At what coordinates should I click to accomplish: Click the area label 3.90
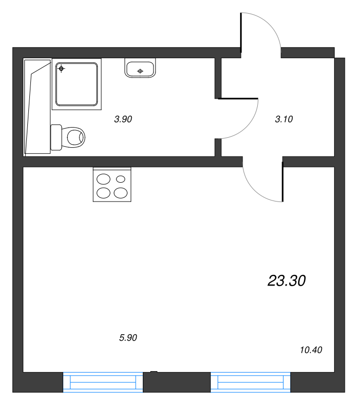tap(123, 119)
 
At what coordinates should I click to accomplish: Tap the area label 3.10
tap(284, 119)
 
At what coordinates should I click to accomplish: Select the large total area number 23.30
tap(287, 280)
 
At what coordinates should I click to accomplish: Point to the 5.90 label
tap(128, 338)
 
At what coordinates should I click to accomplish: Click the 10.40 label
tap(311, 350)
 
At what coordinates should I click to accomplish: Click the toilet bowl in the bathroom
tap(73, 137)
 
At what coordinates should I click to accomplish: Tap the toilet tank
tap(56, 137)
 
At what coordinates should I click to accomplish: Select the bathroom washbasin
tap(140, 68)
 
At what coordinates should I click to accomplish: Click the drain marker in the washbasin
tap(140, 71)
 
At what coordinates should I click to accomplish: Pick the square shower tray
tap(76, 84)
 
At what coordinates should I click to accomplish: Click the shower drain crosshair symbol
tap(61, 69)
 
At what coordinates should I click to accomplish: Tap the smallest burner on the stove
tap(121, 179)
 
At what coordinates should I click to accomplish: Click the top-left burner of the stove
tap(103, 179)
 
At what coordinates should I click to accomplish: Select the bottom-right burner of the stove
tap(121, 193)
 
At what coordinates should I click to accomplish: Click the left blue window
tap(103, 382)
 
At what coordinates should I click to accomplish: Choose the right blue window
tap(251, 382)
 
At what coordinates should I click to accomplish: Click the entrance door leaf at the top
tap(241, 33)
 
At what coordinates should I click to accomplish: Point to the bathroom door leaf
tap(238, 98)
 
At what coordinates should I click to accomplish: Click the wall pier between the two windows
tap(177, 382)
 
